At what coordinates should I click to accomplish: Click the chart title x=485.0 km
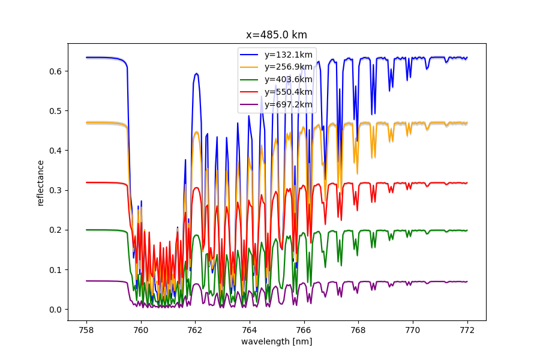coord(276,35)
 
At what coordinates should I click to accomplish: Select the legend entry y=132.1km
coord(276,55)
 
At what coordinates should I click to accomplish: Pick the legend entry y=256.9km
coord(276,67)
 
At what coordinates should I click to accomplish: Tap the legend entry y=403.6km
coord(276,79)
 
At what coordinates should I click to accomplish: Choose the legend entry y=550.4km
coord(276,92)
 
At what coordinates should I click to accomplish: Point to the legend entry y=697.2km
coord(276,104)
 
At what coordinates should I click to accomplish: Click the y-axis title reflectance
coord(41,183)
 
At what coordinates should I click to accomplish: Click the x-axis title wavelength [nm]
coord(277,341)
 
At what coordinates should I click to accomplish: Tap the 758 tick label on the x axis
coord(86,331)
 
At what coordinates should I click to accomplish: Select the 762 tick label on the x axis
coord(195,331)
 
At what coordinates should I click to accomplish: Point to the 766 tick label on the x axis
coord(304,331)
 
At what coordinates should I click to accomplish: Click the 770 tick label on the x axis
coord(413,331)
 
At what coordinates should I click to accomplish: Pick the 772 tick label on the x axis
coord(467,331)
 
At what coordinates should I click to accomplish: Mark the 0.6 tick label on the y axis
coord(55,71)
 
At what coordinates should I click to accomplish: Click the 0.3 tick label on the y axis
coord(55,191)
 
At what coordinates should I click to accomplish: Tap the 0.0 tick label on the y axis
coord(55,310)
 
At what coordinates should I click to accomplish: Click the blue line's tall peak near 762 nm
coord(196,73)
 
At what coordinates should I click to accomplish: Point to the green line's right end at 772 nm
coord(467,230)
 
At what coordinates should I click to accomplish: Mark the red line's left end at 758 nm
coord(86,182)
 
